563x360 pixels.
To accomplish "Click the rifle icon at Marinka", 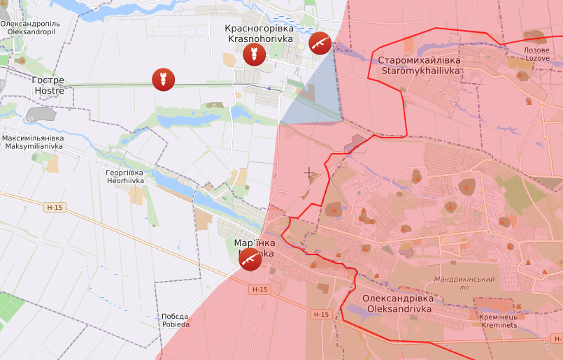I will tap(250, 259).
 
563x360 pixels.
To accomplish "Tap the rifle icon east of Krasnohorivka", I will tap(320, 43).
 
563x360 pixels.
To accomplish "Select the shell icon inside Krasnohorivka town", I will tap(254, 55).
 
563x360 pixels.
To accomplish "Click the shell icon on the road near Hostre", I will tap(164, 79).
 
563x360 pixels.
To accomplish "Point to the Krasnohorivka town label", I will tap(259, 34).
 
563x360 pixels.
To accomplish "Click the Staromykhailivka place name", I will tap(419, 66).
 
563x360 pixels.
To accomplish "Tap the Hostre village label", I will tap(49, 85).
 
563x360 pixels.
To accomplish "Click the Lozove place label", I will tap(537, 55).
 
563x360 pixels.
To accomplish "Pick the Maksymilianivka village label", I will tap(33, 142).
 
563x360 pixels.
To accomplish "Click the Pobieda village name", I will tap(175, 320).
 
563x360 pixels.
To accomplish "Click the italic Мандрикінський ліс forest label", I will tap(464, 283).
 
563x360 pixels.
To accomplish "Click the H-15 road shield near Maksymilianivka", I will tap(54, 208).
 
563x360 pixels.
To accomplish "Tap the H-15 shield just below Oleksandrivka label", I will tap(321, 315).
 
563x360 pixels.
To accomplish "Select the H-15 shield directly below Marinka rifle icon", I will tap(259, 289).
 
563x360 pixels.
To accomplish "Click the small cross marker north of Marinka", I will tap(308, 171).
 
